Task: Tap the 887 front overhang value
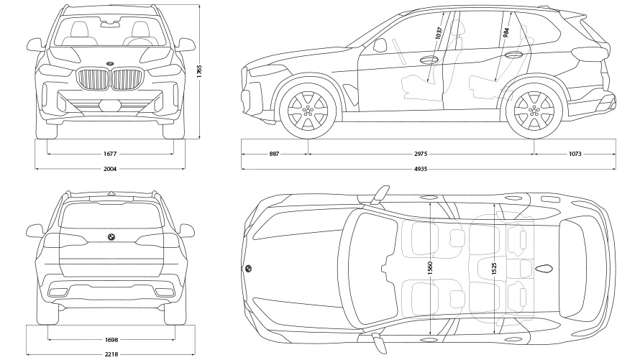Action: pyautogui.click(x=275, y=153)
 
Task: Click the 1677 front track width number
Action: pyautogui.click(x=110, y=153)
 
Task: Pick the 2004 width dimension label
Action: pyautogui.click(x=110, y=169)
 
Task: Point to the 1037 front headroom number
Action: pyautogui.click(x=438, y=34)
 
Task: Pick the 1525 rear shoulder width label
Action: pyautogui.click(x=494, y=269)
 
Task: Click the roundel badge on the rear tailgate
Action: pyautogui.click(x=111, y=236)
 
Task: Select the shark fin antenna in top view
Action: pyautogui.click(x=544, y=269)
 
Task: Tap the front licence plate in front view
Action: pyautogui.click(x=110, y=106)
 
